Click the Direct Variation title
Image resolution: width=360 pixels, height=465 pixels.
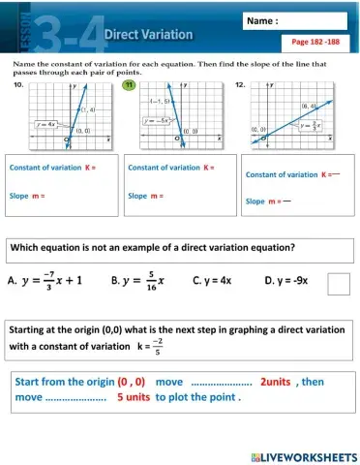tap(148, 34)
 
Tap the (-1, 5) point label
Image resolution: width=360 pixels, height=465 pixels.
tap(161, 100)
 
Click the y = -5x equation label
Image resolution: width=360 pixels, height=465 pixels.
tap(156, 121)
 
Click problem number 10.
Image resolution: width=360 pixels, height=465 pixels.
tap(17, 86)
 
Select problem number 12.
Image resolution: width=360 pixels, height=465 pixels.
tap(241, 86)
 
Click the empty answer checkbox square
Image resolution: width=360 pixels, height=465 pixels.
tap(339, 283)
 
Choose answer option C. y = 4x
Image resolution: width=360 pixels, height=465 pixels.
tap(212, 281)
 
